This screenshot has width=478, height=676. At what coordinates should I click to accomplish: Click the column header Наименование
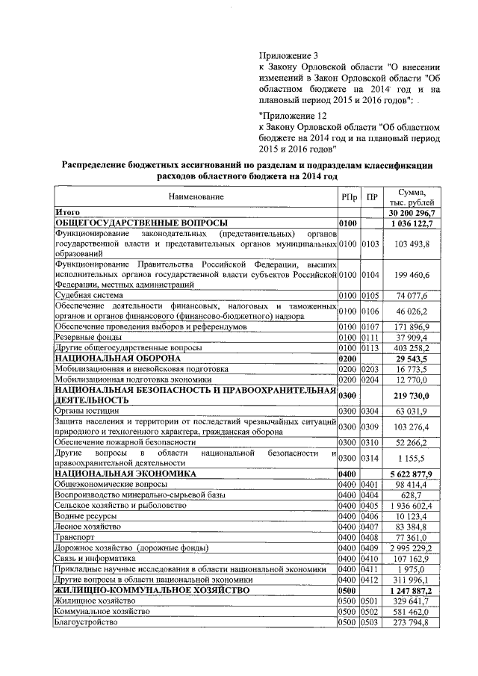click(x=196, y=196)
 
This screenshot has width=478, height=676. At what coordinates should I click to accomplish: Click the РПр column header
click(x=348, y=196)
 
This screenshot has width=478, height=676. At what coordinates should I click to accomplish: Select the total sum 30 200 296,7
click(x=413, y=213)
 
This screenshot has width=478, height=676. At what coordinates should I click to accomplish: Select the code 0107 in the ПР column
click(x=371, y=327)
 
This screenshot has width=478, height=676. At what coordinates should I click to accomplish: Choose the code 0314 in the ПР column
click(x=371, y=457)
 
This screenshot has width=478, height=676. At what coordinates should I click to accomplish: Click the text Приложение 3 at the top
click(x=288, y=55)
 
